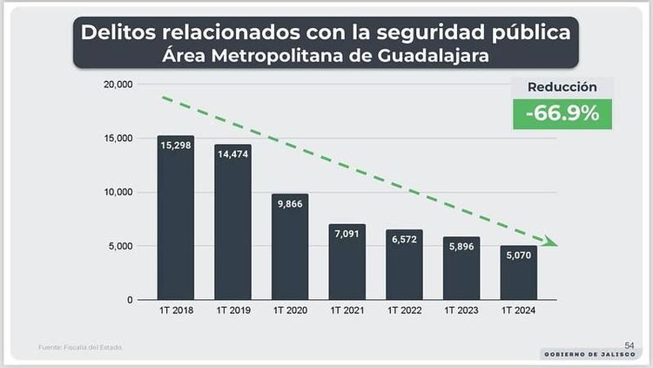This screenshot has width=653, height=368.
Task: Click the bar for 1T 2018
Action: (x=175, y=218)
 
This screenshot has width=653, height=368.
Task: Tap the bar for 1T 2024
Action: (x=519, y=273)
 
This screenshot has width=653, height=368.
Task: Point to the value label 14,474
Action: (x=232, y=153)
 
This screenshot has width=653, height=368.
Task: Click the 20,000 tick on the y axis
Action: (x=116, y=85)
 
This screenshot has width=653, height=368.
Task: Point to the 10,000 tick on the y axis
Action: (x=116, y=192)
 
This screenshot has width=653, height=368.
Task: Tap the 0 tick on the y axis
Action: (x=129, y=300)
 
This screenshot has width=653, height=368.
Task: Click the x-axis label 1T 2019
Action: (x=232, y=310)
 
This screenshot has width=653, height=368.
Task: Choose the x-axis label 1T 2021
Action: (x=347, y=310)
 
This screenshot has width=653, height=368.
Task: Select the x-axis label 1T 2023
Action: (x=461, y=310)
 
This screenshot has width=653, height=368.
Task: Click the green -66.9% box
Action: (x=562, y=113)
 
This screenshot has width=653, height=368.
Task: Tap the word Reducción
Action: (x=562, y=87)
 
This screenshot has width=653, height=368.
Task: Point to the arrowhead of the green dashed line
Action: (x=553, y=242)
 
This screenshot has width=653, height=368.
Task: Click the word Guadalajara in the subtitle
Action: (x=426, y=55)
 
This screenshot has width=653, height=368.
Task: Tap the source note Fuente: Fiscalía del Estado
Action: (x=80, y=348)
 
